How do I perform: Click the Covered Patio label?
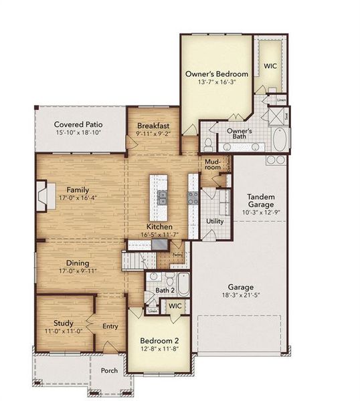78,124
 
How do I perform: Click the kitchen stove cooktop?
193,197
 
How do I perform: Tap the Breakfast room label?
153,126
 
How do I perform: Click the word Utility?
215,221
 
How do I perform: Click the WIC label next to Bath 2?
175,305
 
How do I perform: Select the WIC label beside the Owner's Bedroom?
270,66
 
